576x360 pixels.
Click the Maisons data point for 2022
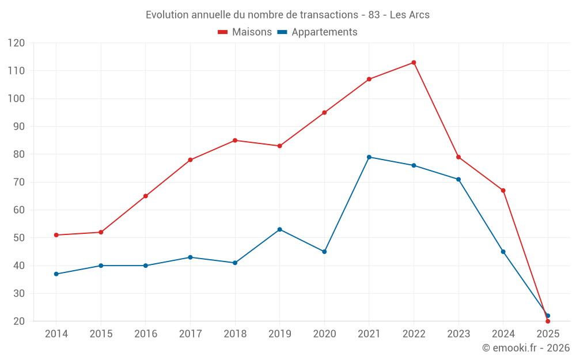(x=414, y=63)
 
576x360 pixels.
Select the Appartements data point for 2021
(x=369, y=157)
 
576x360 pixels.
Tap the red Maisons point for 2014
(x=56, y=235)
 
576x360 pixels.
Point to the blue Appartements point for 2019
(x=280, y=229)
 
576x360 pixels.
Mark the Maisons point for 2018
(x=235, y=141)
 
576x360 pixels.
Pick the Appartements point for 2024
(x=503, y=252)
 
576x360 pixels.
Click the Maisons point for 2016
(x=146, y=196)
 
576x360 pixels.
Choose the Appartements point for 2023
(x=458, y=179)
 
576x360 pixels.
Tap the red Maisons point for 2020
(x=324, y=112)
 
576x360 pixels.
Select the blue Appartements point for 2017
(x=190, y=257)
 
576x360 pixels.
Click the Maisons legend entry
(x=245, y=32)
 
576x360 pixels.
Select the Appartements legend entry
(x=317, y=32)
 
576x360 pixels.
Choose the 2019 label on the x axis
(x=280, y=334)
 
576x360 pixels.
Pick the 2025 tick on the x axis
(x=548, y=334)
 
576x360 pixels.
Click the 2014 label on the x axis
(x=56, y=334)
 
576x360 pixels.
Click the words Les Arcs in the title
(x=410, y=15)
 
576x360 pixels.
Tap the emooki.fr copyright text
(x=526, y=348)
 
